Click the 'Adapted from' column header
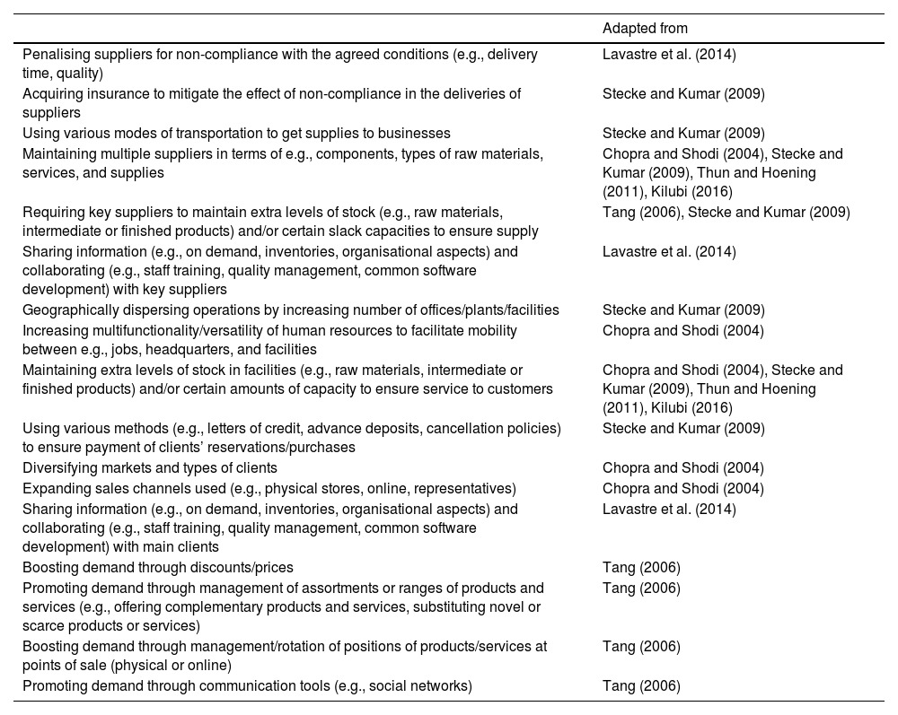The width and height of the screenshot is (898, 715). pyautogui.click(x=645, y=29)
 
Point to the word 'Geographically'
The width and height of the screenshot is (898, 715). pyautogui.click(x=66, y=310)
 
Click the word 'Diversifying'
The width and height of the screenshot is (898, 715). pyautogui.click(x=58, y=468)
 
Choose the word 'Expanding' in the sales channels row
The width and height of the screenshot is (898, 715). pyautogui.click(x=53, y=489)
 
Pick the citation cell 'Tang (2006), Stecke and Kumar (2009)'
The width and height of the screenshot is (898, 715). pyautogui.click(x=726, y=213)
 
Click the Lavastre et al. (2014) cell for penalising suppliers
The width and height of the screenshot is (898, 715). pyautogui.click(x=669, y=55)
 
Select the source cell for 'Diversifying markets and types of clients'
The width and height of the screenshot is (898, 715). pyautogui.click(x=682, y=468)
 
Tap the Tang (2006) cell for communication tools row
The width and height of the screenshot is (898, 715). pyautogui.click(x=641, y=686)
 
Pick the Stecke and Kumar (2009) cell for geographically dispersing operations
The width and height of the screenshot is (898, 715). pyautogui.click(x=683, y=310)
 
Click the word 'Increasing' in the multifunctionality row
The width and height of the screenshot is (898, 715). pyautogui.click(x=54, y=330)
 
